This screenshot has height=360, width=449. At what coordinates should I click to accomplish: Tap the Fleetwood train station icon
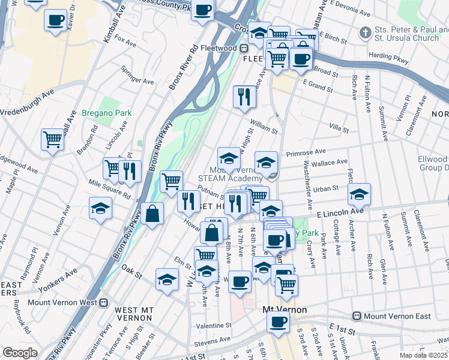[x=244, y=49]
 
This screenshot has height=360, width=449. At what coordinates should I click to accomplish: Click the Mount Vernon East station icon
[x=357, y=316]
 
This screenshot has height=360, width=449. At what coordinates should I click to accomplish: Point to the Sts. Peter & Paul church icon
[x=365, y=31]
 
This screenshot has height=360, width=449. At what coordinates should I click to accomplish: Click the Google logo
[x=20, y=353]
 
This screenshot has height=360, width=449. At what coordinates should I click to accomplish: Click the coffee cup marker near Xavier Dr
[x=55, y=20]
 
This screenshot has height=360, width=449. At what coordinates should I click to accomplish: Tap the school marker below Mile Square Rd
[x=100, y=208]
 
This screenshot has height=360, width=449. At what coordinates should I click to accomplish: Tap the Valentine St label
[x=213, y=325]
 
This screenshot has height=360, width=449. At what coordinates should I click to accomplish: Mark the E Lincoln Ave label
[x=340, y=212]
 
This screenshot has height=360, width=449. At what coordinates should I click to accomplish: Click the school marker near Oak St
[x=167, y=279]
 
